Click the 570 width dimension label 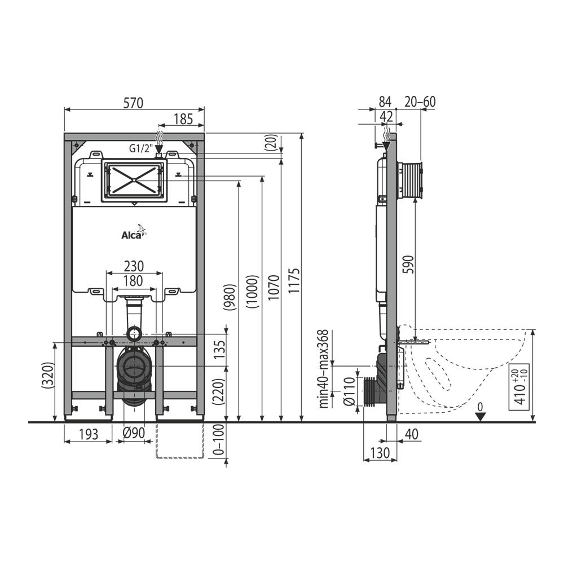point(134,103)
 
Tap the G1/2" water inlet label point(140,149)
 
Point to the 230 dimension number point(134,266)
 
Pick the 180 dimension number point(134,280)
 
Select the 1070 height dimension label point(273,288)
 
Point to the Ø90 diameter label point(134,434)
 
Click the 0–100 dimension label point(218,443)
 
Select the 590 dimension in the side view point(408,265)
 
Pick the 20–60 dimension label point(420,102)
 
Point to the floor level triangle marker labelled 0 point(480,416)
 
